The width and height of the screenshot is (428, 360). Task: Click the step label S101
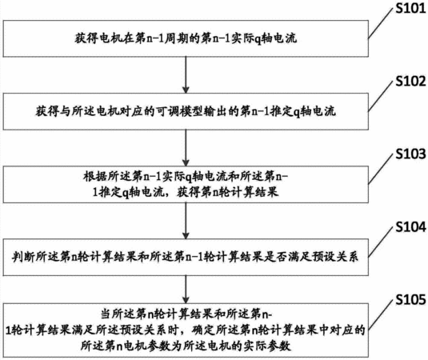[x=411, y=8]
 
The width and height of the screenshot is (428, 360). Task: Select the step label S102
[x=411, y=81]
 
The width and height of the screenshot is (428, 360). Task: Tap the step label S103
[x=411, y=154]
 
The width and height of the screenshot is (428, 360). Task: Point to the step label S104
[x=411, y=227]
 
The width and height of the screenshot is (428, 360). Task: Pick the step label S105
[x=411, y=299]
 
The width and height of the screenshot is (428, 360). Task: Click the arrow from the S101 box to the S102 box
[x=186, y=74]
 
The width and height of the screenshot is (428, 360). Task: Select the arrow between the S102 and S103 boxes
[x=186, y=148]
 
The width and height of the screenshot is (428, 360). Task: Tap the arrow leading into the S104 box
[x=186, y=221]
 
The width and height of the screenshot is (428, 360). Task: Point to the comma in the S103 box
[x=170, y=195]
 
